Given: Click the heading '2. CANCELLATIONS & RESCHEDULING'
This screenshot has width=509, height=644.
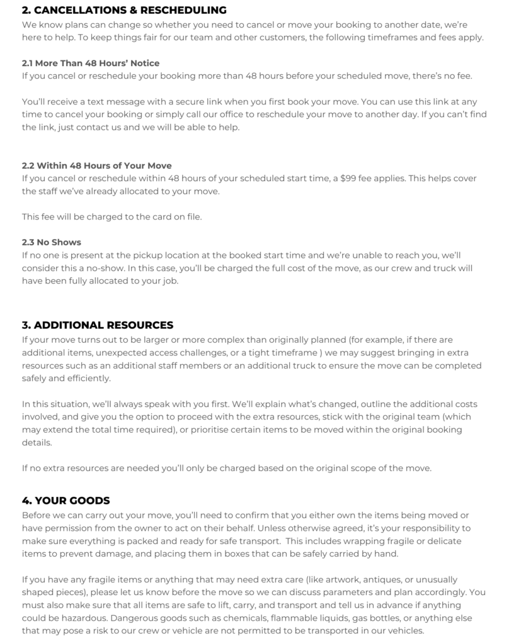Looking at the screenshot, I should [x=124, y=10].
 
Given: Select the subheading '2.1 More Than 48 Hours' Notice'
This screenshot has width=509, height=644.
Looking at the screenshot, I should [x=90, y=63].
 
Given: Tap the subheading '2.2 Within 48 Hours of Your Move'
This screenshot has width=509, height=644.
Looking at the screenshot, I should [x=96, y=166].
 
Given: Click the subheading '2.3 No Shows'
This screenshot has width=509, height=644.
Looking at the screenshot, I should [x=51, y=242].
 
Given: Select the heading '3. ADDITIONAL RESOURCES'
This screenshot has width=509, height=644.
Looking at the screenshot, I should [x=97, y=325].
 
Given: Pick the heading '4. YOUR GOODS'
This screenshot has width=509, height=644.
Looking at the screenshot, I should [x=66, y=501].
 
